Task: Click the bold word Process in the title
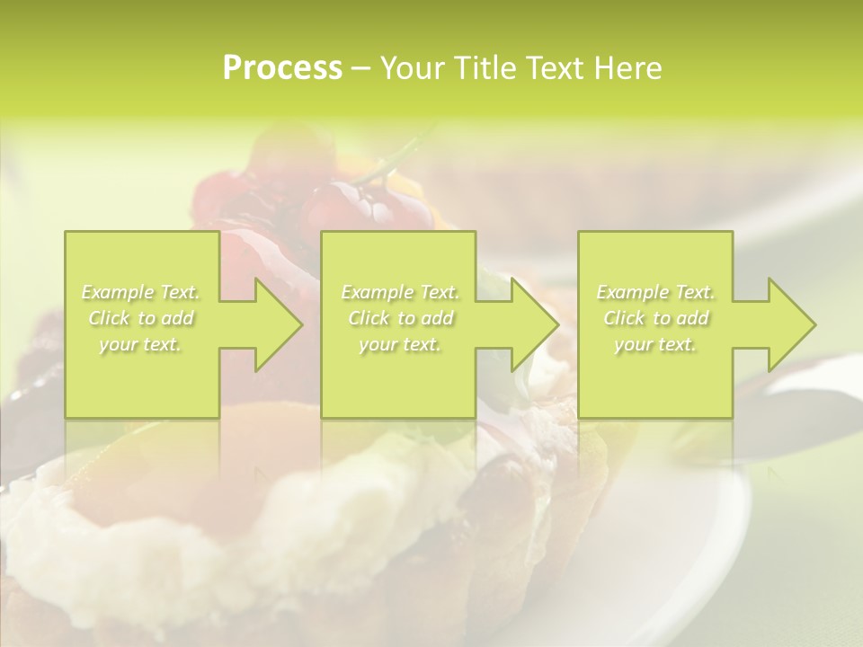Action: (x=282, y=68)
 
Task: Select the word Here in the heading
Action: (x=627, y=68)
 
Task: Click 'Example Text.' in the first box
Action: (x=141, y=292)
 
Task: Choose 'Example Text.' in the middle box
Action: (x=400, y=292)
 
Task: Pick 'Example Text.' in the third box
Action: (x=655, y=292)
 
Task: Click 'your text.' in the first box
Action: (x=140, y=344)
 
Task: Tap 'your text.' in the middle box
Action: (x=399, y=344)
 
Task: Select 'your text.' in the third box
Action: (x=654, y=344)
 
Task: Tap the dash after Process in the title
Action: (x=361, y=68)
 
